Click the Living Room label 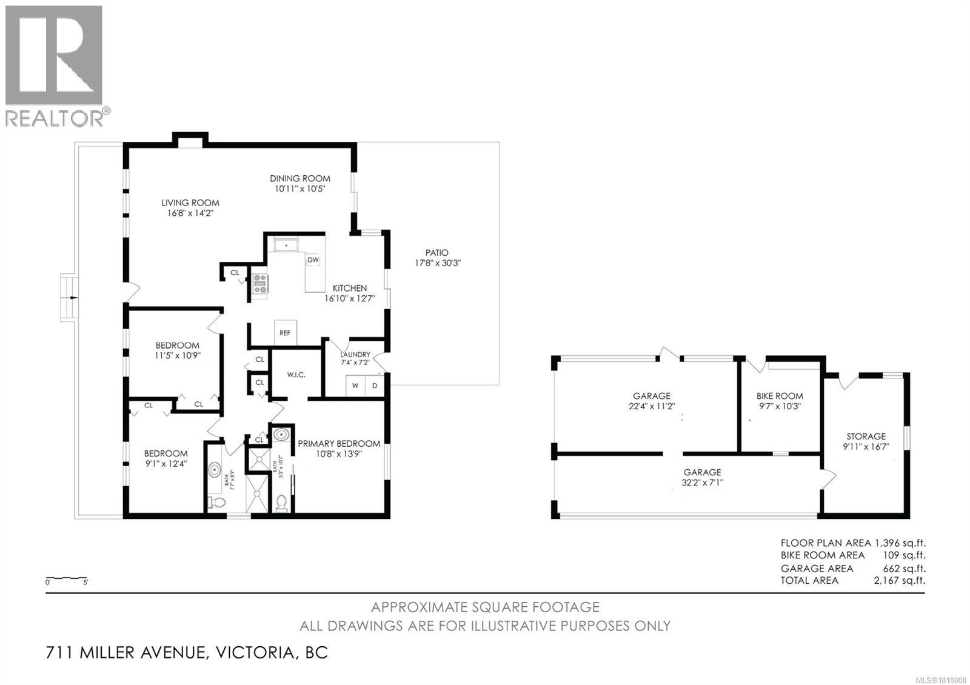coord(190,203)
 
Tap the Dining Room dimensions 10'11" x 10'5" coord(300,189)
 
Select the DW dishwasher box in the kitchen coord(313,260)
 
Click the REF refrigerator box coord(285,333)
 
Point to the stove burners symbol coord(260,284)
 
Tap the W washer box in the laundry coord(356,386)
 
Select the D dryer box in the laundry coord(375,386)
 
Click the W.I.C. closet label coord(296,375)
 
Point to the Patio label coord(436,253)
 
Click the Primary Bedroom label coord(339,444)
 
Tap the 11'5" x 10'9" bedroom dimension coord(177,356)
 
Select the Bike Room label coord(780,396)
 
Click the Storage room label coord(866,436)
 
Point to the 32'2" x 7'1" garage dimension coord(703,483)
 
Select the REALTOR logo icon coord(55,56)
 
